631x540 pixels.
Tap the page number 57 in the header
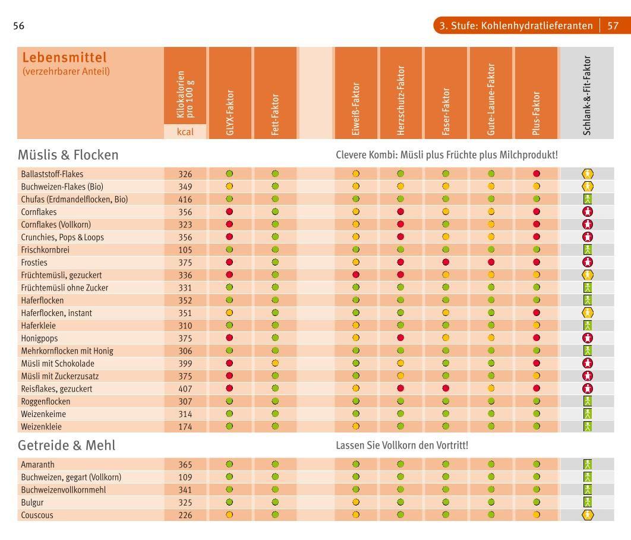pos(613,26)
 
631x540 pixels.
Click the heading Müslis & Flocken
pos(68,155)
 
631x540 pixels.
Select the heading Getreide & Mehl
pos(67,445)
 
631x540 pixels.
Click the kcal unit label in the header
pos(185,132)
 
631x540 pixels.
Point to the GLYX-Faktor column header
pos(230,113)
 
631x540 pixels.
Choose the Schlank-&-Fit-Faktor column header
pos(587,95)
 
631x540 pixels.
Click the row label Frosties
pos(34,263)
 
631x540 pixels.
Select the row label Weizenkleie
pos(41,427)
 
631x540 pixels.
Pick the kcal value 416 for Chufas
pos(185,199)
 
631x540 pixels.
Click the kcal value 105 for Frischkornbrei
pos(185,250)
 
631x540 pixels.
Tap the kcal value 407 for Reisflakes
pos(185,389)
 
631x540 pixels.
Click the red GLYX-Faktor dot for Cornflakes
pos(229,211)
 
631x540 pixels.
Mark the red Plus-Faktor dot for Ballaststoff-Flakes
pos(537,174)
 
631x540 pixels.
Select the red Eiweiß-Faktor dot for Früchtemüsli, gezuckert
pos(356,275)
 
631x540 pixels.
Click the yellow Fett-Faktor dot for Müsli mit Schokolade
pos(275,363)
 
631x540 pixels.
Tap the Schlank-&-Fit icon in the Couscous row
pos(588,514)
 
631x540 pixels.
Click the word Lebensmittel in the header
pos(64,58)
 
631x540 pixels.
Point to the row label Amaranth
pos(37,465)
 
